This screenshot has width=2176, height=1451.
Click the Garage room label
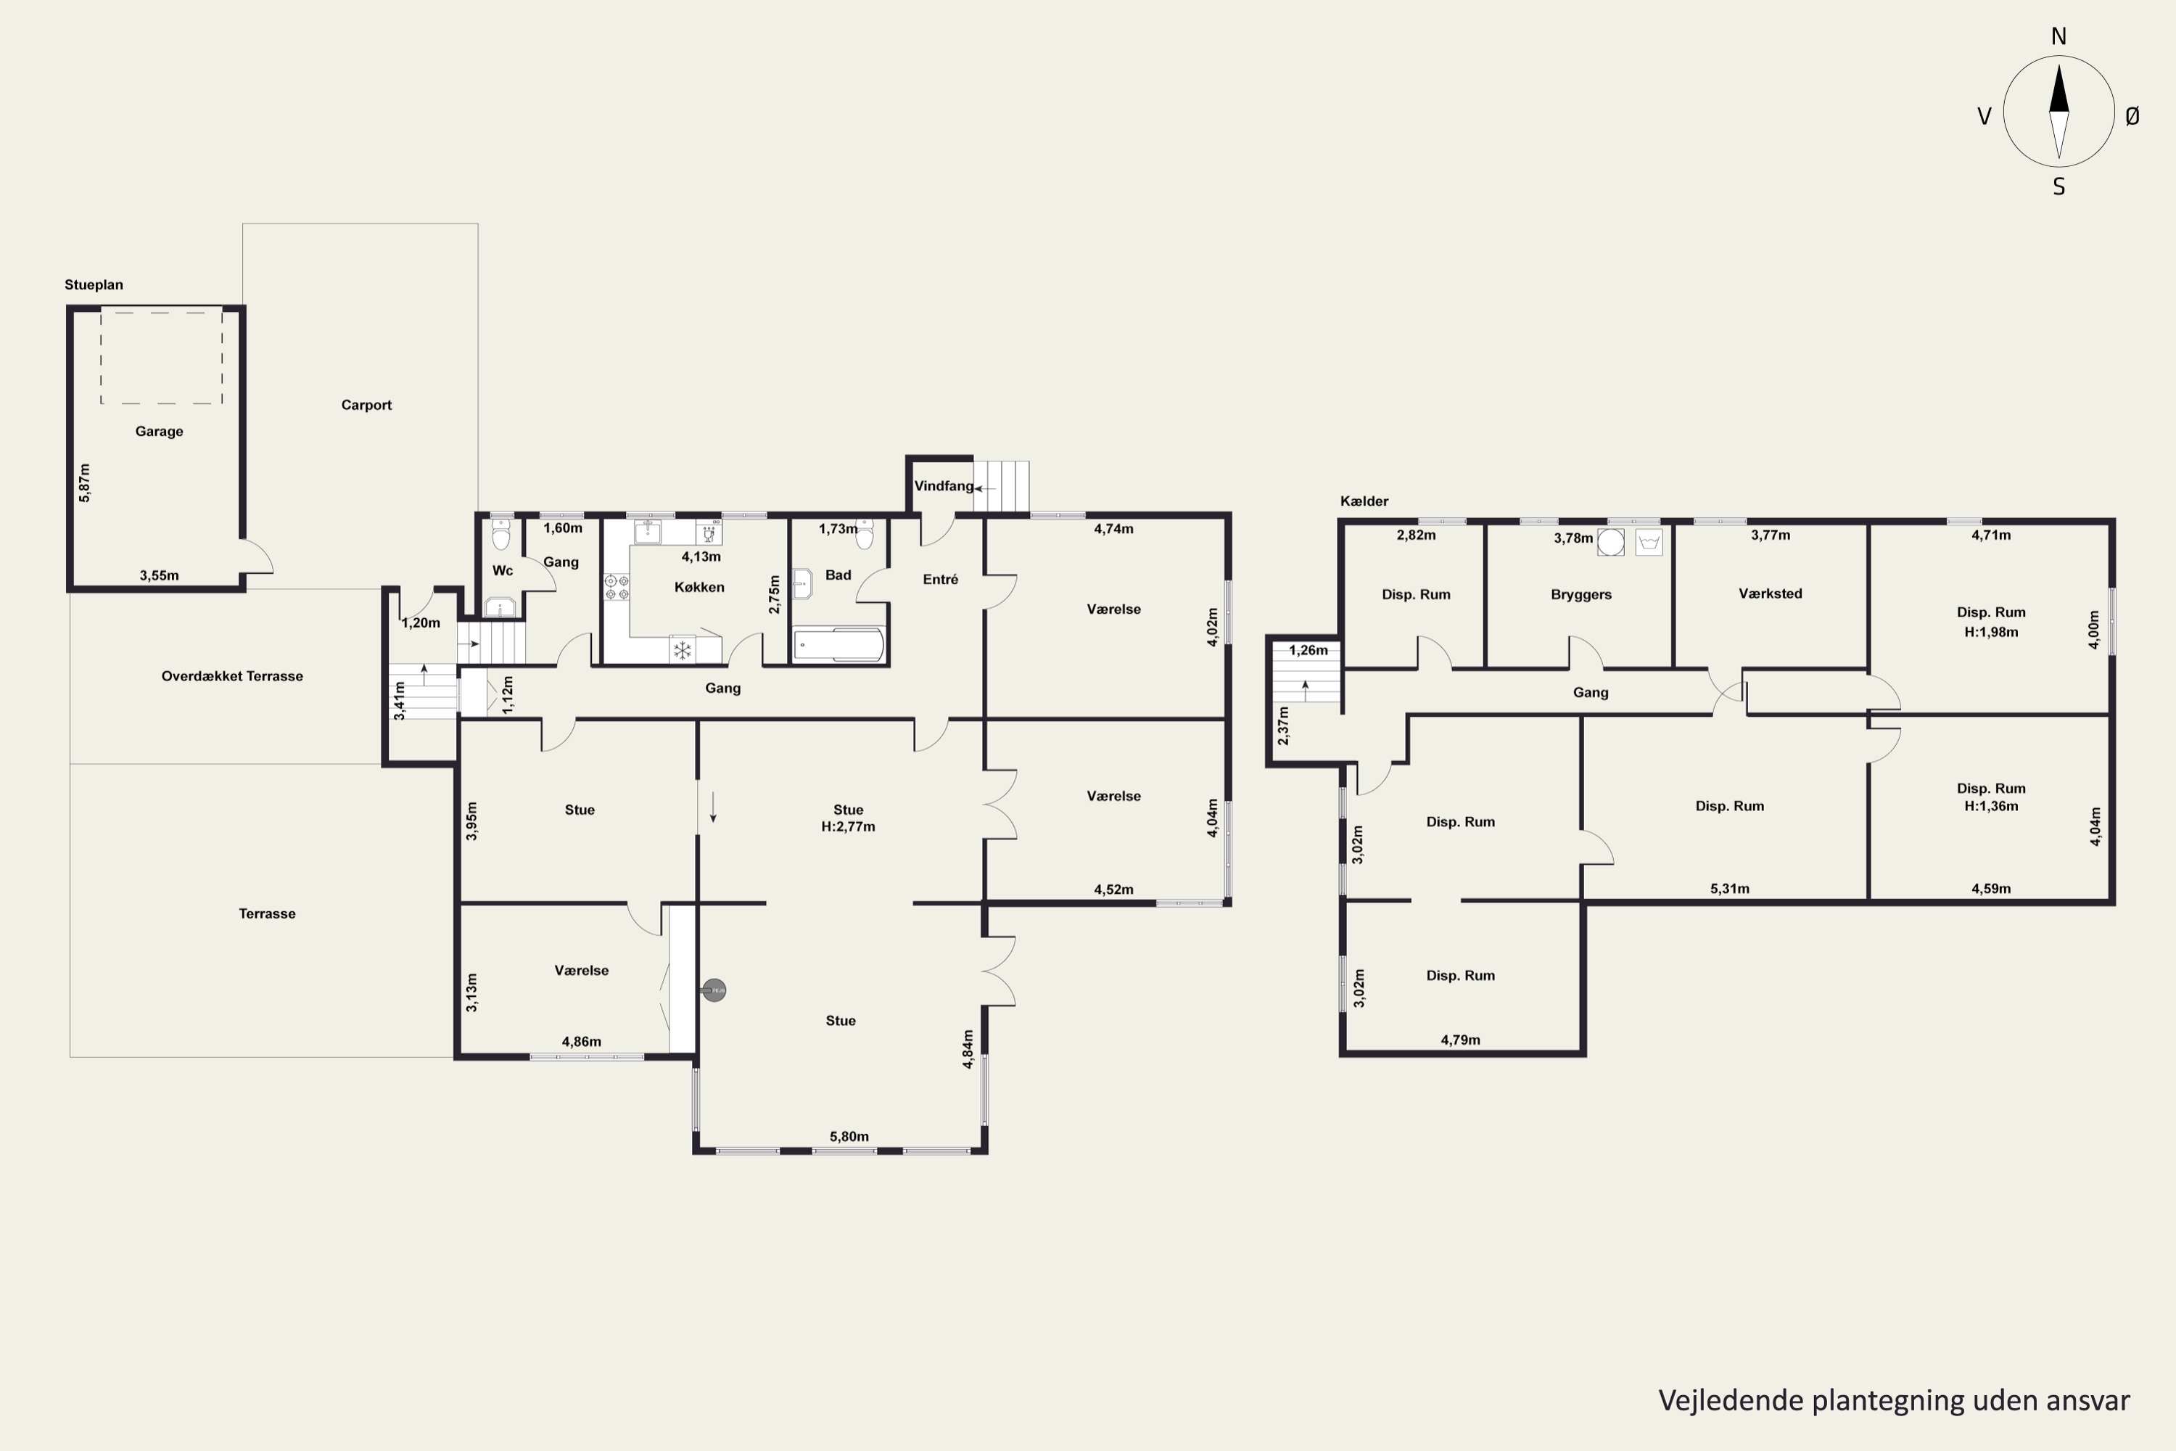(159, 431)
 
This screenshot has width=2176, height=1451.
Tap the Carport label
(366, 404)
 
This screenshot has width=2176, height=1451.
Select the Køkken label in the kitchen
(699, 587)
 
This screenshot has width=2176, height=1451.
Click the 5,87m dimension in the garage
(84, 483)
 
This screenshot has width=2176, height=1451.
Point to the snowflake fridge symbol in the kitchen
(683, 649)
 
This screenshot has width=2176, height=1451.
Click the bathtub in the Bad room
(838, 645)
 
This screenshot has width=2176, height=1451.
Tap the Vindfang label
(944, 486)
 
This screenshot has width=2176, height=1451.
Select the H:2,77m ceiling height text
(849, 826)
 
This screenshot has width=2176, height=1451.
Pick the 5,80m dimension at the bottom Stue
(849, 1136)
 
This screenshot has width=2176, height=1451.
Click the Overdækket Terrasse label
(232, 676)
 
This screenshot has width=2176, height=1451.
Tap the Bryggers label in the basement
(1581, 594)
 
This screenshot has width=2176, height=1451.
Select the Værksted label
(1770, 593)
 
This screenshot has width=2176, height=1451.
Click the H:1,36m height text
(1991, 806)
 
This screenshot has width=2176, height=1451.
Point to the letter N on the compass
(2058, 36)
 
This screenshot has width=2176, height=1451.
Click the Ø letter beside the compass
(2132, 115)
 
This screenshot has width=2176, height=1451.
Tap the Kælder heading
(1364, 501)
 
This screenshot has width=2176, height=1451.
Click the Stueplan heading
(94, 285)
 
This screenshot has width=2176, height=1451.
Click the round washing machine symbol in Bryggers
(1611, 542)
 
